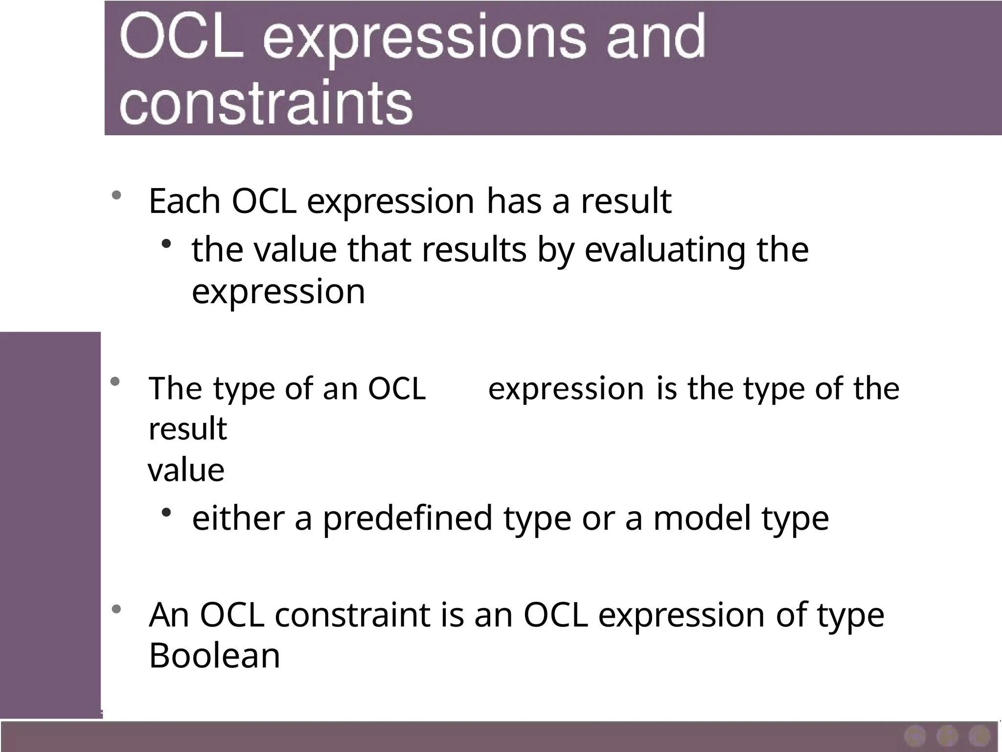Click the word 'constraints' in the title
pyautogui.click(x=267, y=103)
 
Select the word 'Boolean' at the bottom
pyautogui.click(x=214, y=656)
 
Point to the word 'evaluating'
pyautogui.click(x=665, y=251)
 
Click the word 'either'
pyautogui.click(x=238, y=518)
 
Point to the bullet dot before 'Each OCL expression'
pyautogui.click(x=116, y=195)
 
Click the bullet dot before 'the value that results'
pyautogui.click(x=166, y=243)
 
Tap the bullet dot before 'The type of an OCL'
pyautogui.click(x=115, y=381)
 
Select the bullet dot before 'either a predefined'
pyautogui.click(x=166, y=512)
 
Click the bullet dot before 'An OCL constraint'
pyautogui.click(x=116, y=610)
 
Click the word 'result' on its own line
pyautogui.click(x=188, y=429)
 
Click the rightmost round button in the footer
pyautogui.click(x=979, y=736)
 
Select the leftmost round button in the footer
pyautogui.click(x=915, y=736)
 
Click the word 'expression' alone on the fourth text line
pyautogui.click(x=278, y=292)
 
